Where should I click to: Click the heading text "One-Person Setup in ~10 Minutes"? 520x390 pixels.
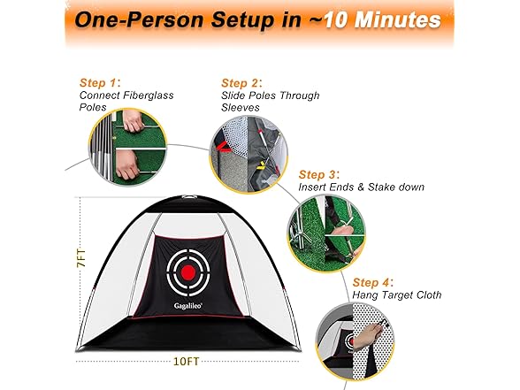[x=257, y=20]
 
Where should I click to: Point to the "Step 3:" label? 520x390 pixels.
[x=320, y=174]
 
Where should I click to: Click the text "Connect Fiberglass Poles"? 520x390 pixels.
[x=116, y=101]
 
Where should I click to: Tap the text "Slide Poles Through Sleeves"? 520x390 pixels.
[x=271, y=101]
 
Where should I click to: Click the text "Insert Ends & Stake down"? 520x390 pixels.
[x=362, y=187]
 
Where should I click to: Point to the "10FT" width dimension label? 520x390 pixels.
[x=187, y=362]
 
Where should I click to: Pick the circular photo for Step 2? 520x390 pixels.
[x=249, y=148]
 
